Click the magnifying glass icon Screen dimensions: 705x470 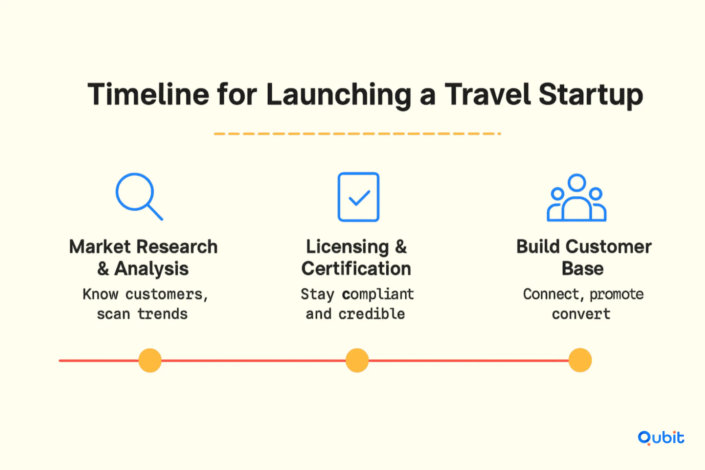point(135,192)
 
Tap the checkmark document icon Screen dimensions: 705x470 point(359,197)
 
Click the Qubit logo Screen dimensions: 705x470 point(661,438)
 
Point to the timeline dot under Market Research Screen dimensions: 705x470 point(150,360)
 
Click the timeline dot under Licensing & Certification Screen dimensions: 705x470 point(357,360)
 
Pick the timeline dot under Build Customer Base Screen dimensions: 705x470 point(580,360)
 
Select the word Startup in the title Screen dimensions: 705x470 point(591,96)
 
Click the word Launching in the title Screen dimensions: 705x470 point(339,96)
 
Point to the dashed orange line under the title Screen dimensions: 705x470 point(357,134)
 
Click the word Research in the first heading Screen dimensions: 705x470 point(177,247)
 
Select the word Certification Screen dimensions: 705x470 point(356,268)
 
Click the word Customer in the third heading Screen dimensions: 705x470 point(609,247)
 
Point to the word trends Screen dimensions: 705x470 point(162,314)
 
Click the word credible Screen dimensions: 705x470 point(372,314)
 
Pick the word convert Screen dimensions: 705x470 point(581,314)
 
